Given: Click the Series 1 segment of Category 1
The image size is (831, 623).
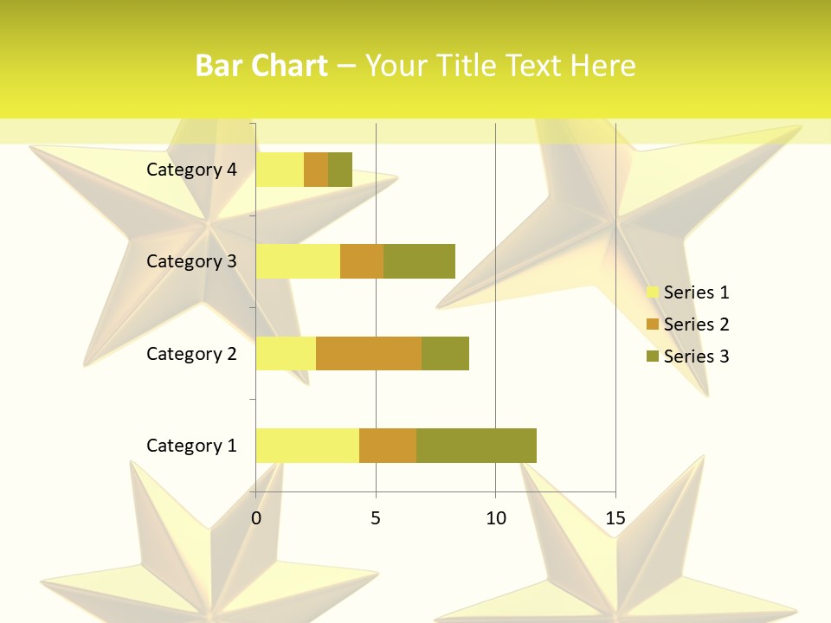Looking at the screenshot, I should (307, 445).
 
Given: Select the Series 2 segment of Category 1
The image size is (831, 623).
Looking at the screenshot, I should (388, 445).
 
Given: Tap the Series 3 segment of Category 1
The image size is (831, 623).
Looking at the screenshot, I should (476, 445).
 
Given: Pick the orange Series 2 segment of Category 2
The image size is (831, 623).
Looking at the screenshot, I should (369, 353).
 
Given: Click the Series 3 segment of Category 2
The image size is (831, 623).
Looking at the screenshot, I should (445, 353).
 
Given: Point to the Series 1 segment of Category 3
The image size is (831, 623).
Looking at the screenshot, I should (298, 260).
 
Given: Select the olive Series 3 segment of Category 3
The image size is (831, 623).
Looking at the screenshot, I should (419, 260).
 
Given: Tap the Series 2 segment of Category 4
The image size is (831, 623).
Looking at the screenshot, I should (316, 169).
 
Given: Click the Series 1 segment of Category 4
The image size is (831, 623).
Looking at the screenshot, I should (280, 169).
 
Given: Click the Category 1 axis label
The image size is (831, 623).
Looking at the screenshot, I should (191, 446).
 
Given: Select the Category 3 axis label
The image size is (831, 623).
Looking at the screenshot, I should (191, 261).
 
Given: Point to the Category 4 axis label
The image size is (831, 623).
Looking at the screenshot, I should (191, 170).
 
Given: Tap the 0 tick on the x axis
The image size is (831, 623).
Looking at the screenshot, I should (256, 518).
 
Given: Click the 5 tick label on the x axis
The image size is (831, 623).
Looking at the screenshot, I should (376, 518).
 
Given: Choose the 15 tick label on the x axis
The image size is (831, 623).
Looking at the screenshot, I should (615, 518).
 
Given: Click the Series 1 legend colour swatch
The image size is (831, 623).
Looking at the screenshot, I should (652, 292).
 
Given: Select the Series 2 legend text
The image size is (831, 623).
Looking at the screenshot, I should (696, 324).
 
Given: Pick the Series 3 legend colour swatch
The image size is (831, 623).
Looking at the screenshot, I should (652, 356).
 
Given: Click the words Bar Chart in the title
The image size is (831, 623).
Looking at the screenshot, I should (261, 66).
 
